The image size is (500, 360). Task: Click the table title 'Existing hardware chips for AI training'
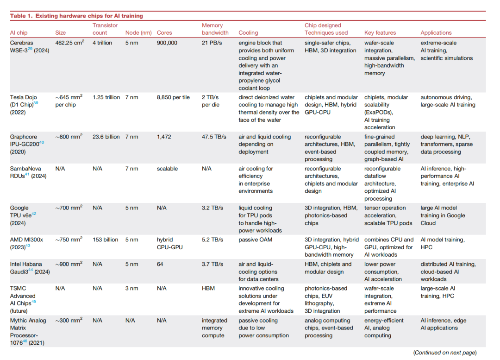click(89, 16)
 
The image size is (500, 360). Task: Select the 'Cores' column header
click(164, 32)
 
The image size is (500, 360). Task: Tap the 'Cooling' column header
click(248, 32)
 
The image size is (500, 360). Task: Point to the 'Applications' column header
click(436, 32)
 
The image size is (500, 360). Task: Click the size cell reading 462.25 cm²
click(69, 43)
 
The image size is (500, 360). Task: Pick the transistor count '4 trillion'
click(102, 43)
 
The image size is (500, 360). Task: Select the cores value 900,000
click(167, 43)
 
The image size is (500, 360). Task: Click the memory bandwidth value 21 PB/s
click(212, 43)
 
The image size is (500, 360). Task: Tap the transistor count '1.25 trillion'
click(106, 97)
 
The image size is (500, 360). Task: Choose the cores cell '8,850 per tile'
click(173, 97)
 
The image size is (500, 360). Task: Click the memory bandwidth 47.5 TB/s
click(214, 137)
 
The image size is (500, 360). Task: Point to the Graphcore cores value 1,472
click(164, 137)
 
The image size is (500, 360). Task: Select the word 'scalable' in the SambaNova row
click(167, 169)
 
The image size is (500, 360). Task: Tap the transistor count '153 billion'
click(105, 240)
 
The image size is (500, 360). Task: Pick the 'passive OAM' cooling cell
click(256, 240)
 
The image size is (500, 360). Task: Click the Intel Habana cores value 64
click(160, 264)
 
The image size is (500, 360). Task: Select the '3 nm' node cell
click(131, 289)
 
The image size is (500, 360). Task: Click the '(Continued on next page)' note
click(445, 353)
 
